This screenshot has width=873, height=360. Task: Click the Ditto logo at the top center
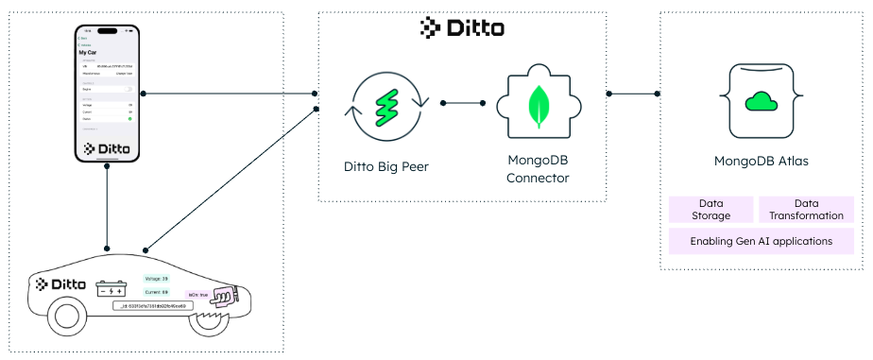(461, 28)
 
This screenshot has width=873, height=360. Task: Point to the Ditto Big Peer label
(386, 167)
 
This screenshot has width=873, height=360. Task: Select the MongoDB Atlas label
(761, 161)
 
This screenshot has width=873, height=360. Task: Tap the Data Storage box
(710, 209)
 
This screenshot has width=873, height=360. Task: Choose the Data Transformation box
(806, 209)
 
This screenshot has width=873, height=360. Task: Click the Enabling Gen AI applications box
(761, 241)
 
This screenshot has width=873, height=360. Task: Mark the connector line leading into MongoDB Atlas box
(634, 94)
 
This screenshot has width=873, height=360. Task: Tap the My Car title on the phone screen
(92, 53)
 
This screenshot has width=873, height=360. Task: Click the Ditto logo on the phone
(108, 148)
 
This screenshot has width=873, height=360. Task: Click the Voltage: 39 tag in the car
(156, 279)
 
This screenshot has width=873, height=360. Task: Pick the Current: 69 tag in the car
(156, 293)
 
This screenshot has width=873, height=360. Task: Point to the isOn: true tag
(197, 294)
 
